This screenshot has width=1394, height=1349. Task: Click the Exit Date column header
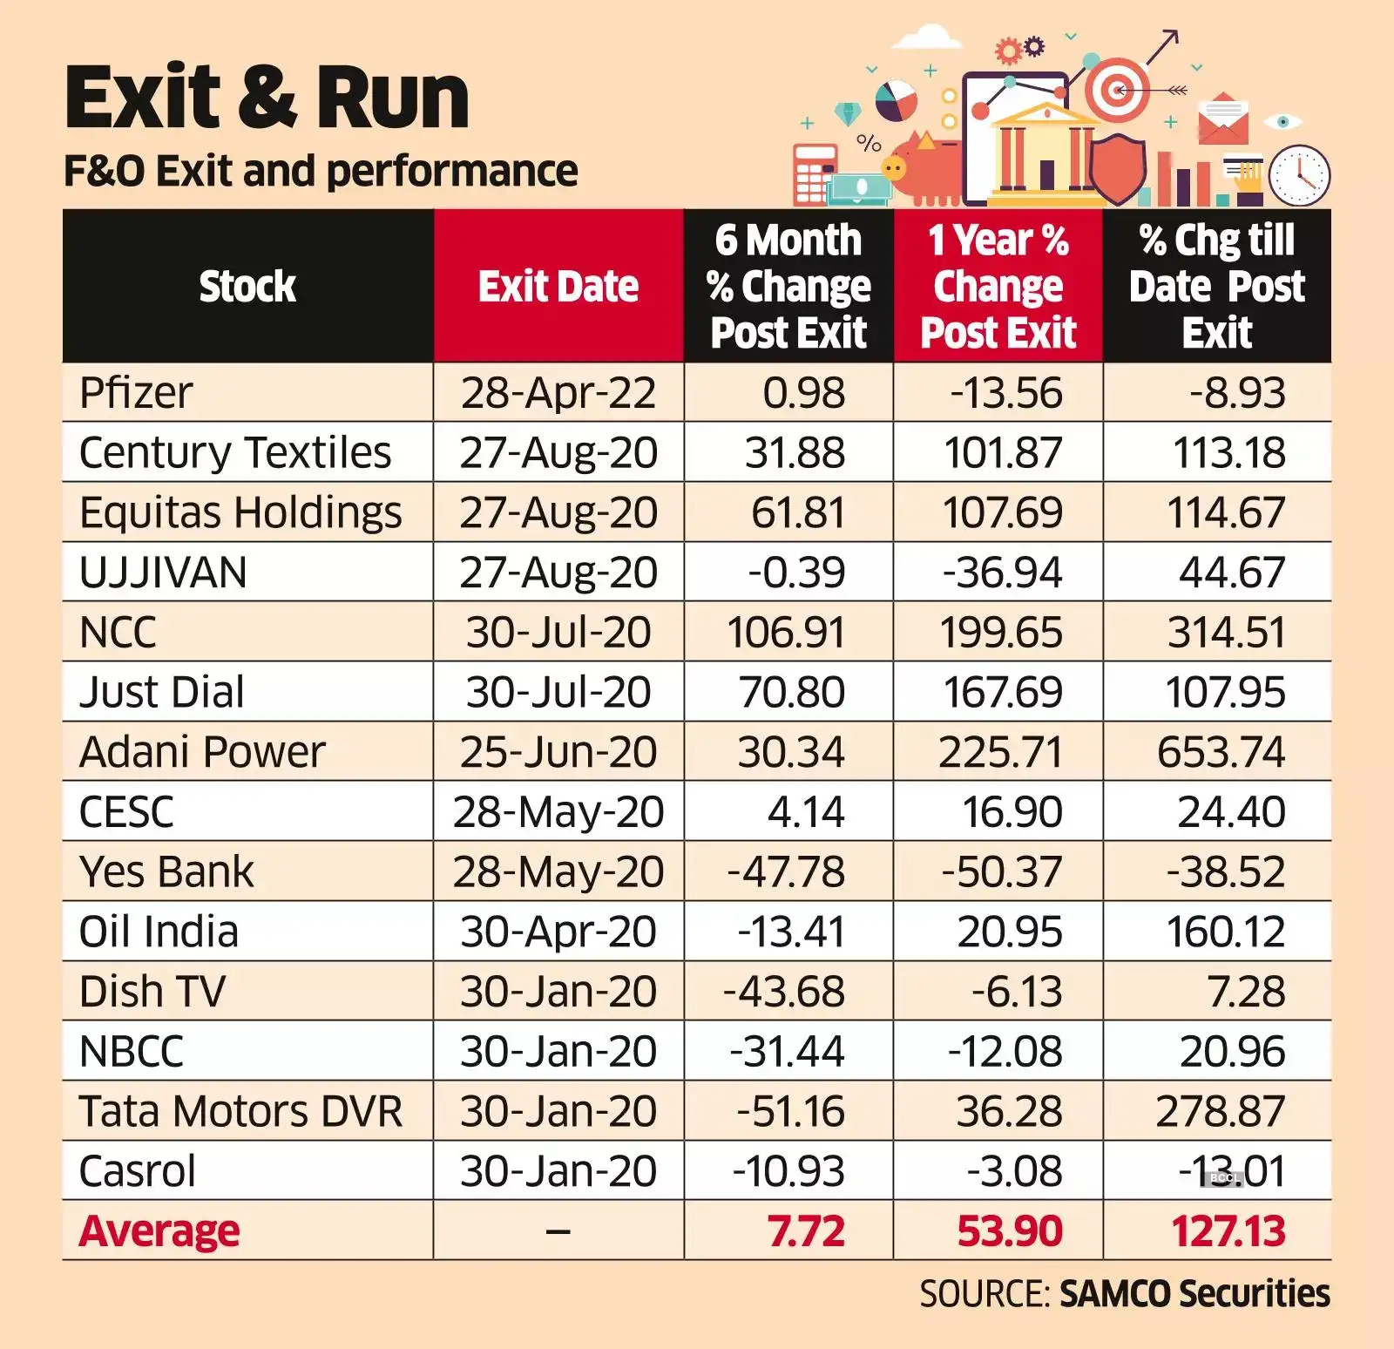click(x=558, y=286)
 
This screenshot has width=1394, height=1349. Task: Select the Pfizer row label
click(x=136, y=392)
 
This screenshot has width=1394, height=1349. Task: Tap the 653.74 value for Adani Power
click(x=1221, y=751)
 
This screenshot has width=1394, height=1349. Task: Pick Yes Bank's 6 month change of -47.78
click(x=786, y=871)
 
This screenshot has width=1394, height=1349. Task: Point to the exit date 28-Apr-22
click(x=558, y=392)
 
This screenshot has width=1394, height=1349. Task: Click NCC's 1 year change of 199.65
click(x=1001, y=632)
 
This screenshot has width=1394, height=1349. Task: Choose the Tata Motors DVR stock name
click(x=240, y=1111)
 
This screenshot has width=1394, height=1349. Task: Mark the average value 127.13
click(x=1228, y=1230)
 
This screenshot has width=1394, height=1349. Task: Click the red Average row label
click(x=159, y=1230)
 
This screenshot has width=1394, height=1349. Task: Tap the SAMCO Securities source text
click(x=1194, y=1293)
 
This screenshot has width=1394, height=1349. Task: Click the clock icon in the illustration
click(x=1299, y=175)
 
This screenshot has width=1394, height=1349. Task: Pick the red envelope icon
click(x=1222, y=119)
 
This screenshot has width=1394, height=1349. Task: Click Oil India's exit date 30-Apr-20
click(x=558, y=932)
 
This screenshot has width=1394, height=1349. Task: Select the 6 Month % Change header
click(x=788, y=286)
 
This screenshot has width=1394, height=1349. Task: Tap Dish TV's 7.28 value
click(x=1246, y=992)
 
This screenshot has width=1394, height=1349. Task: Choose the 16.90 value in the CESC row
click(x=1012, y=811)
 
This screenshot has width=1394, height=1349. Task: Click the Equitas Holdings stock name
click(x=240, y=512)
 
